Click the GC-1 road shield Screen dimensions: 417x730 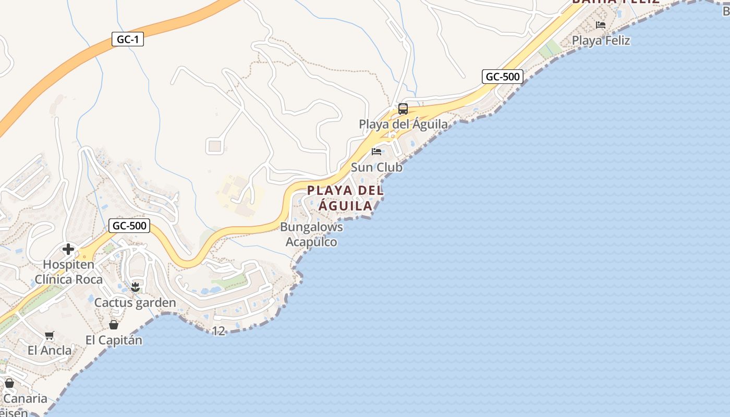(128, 39)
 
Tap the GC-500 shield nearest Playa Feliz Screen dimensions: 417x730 (502, 77)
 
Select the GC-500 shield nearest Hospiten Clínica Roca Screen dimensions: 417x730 (129, 226)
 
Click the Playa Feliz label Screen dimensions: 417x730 (601, 41)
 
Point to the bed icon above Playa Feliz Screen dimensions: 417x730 (601, 24)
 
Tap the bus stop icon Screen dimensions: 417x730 (403, 109)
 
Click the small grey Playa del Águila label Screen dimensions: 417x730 (403, 124)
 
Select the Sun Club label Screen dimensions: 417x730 (376, 167)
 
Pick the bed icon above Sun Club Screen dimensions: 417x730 (376, 152)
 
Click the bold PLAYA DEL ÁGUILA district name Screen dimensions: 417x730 (346, 198)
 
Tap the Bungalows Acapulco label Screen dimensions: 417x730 (311, 235)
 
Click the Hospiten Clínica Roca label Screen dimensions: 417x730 (68, 272)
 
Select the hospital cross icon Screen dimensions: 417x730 (68, 249)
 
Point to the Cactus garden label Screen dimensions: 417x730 (135, 303)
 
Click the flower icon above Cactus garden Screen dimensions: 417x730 (135, 287)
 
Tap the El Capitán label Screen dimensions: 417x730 (114, 340)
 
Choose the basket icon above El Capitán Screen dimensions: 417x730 (114, 325)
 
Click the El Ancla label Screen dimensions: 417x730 (50, 350)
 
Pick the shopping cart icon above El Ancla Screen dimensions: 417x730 (50, 336)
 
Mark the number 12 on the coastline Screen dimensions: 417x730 (219, 330)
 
